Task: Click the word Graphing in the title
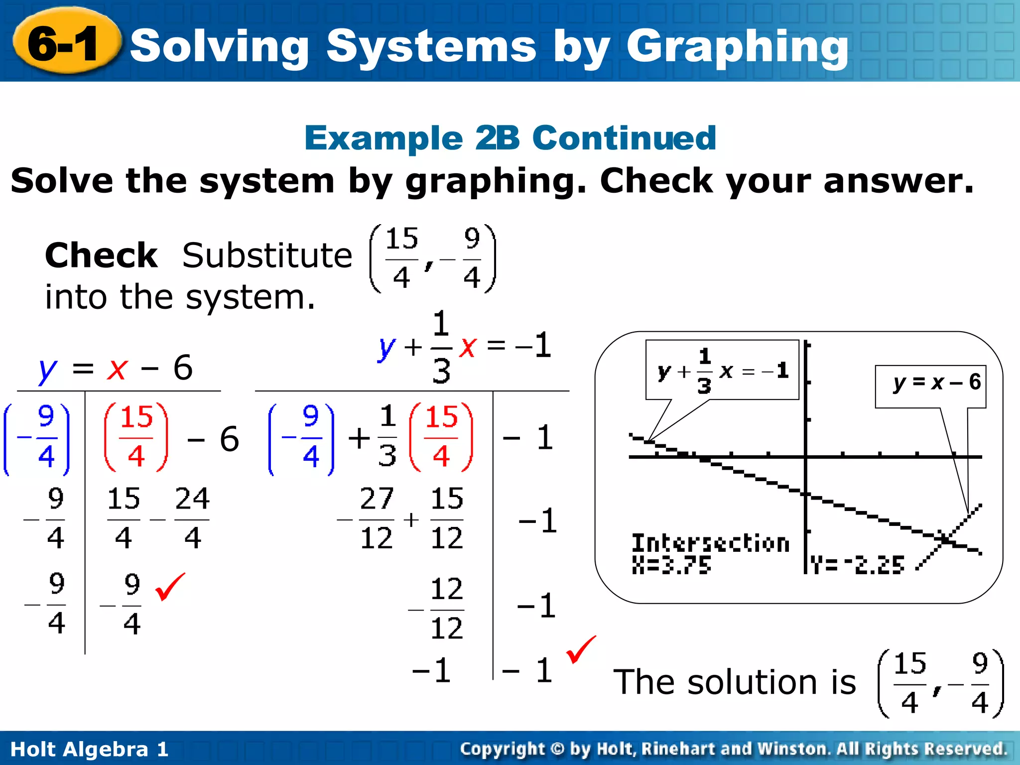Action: click(737, 47)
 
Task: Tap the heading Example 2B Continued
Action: click(510, 138)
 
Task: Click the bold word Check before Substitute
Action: click(101, 255)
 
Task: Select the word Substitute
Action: click(267, 255)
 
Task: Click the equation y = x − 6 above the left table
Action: click(116, 369)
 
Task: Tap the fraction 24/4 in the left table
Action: click(192, 518)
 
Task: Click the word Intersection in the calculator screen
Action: click(711, 543)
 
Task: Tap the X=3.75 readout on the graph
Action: click(671, 565)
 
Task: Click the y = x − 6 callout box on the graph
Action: click(930, 386)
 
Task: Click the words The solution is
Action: click(735, 682)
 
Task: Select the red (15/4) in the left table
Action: click(136, 437)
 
